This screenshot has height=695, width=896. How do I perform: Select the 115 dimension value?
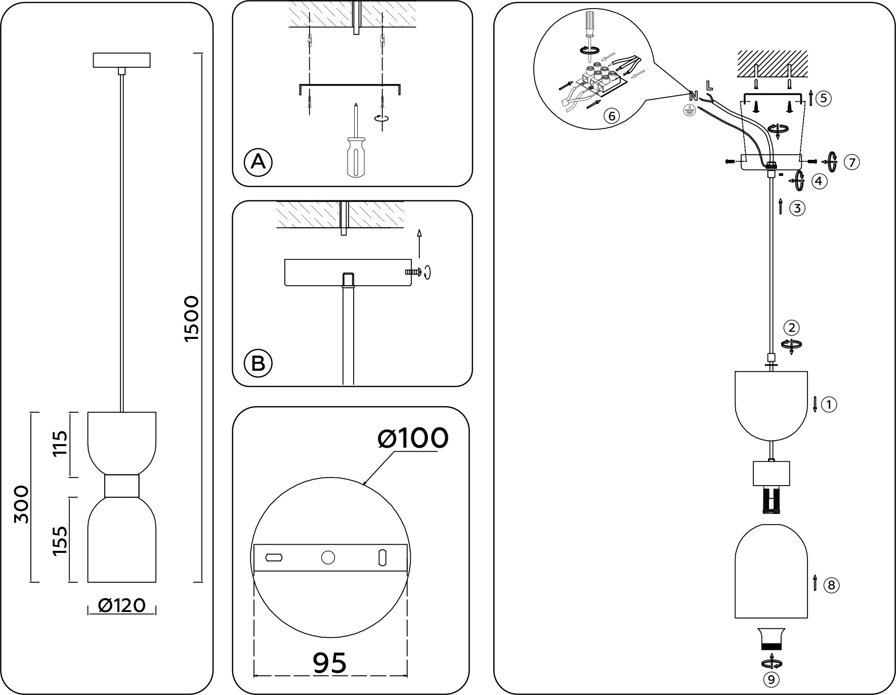point(60,444)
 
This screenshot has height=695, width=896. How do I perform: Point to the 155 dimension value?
point(60,540)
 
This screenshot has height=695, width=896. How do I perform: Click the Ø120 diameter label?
point(122,605)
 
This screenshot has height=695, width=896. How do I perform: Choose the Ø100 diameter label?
point(413,438)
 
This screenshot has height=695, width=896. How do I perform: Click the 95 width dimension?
point(329,663)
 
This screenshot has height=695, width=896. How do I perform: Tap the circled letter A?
point(258,162)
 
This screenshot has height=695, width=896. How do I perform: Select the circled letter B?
point(258,363)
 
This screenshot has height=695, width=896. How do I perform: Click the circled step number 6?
point(611,116)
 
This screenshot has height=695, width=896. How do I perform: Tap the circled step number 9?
point(771,680)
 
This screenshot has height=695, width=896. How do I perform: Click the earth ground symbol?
point(688,112)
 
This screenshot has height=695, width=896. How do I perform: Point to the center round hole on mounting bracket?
point(328,557)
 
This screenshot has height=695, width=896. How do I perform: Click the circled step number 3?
point(797,208)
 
